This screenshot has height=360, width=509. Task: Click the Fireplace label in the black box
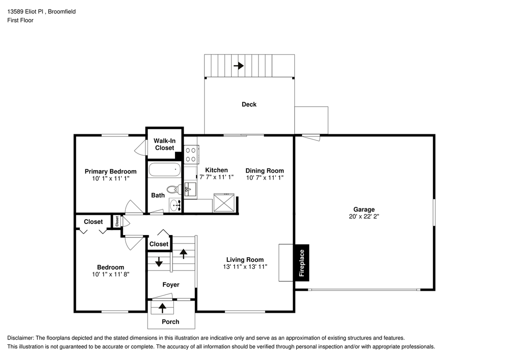[302, 263]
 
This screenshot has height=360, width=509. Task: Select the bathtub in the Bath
[165, 171]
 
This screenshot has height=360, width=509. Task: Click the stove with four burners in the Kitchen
[191, 155]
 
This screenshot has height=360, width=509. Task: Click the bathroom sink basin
[175, 205]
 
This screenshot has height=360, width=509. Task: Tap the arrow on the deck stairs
[239, 66]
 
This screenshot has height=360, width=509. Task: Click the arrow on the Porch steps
[163, 307]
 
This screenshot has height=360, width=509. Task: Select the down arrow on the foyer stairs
[159, 262]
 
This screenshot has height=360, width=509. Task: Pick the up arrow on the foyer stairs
[183, 253]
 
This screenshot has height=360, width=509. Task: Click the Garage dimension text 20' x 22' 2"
[364, 217]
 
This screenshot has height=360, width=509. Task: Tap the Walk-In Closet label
[165, 144]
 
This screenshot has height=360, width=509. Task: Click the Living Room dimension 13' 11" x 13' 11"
[245, 267]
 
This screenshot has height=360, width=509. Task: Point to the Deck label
[249, 104]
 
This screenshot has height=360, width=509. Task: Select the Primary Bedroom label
[111, 171]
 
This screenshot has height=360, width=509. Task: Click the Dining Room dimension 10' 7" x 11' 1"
[264, 177]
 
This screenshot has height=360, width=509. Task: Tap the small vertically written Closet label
[117, 221]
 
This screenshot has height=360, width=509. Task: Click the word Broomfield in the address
[62, 12]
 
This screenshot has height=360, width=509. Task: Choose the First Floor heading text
[20, 20]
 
